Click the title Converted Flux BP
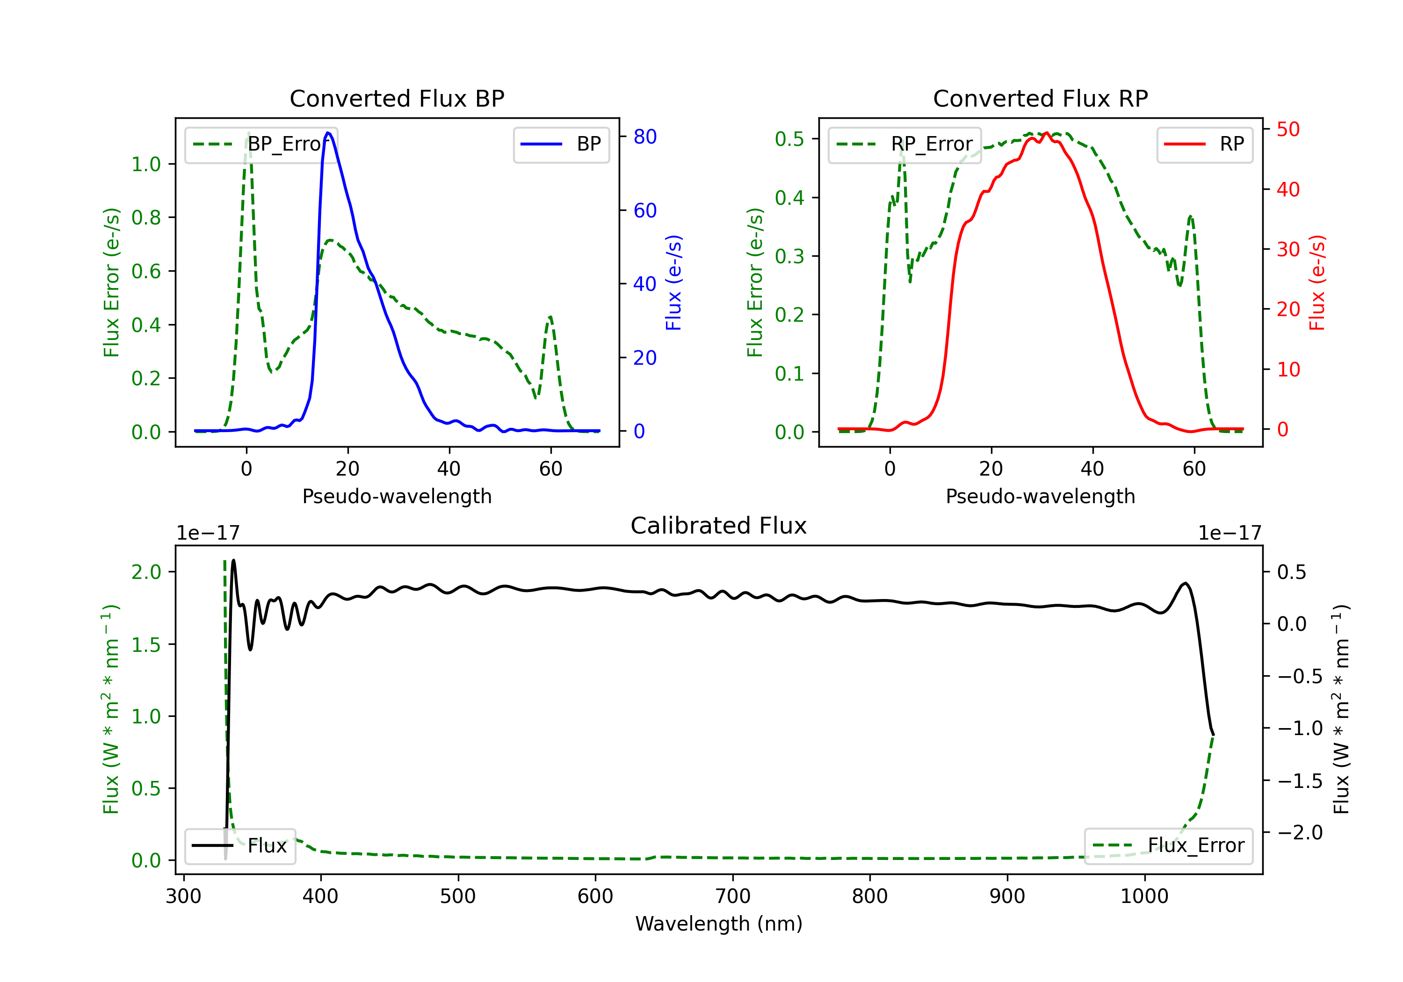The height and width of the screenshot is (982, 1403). [x=397, y=98]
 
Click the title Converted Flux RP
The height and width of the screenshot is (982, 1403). [x=1040, y=98]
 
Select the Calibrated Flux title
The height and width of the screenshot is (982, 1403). [x=719, y=526]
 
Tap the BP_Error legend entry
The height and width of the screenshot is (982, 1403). [x=261, y=144]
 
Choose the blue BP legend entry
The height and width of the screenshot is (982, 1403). [x=561, y=144]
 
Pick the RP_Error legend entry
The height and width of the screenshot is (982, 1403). [x=904, y=144]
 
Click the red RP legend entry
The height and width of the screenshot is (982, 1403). [x=1204, y=144]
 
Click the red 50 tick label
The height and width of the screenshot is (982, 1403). [x=1288, y=130]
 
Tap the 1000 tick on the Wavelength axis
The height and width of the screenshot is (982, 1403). [x=1144, y=896]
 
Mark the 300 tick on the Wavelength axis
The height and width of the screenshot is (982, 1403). [x=183, y=896]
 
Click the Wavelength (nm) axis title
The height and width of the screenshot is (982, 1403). [x=719, y=924]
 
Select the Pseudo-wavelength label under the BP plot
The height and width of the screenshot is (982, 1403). [x=397, y=496]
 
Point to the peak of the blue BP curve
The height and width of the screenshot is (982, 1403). [x=328, y=133]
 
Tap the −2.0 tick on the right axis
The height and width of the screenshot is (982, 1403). [x=1300, y=832]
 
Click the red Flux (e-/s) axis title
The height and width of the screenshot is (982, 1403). [x=1317, y=282]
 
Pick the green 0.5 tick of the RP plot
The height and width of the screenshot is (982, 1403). [x=789, y=139]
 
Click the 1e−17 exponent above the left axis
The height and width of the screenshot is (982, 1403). [x=208, y=533]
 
